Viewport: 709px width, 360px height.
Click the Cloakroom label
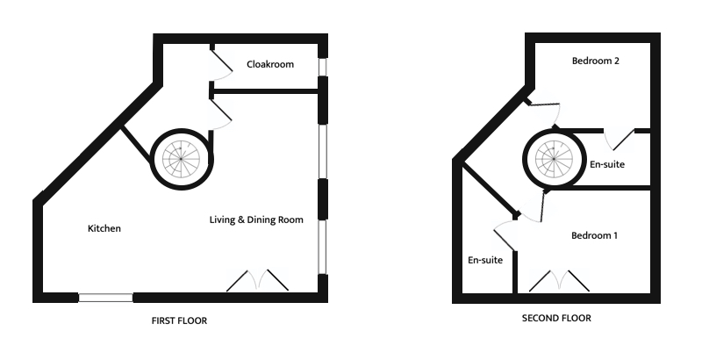tap(269, 64)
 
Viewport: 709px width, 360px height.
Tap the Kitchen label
tap(104, 228)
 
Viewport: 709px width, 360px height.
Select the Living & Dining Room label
tap(256, 220)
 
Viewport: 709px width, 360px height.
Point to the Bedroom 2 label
tap(596, 61)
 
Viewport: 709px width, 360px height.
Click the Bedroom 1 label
tap(594, 235)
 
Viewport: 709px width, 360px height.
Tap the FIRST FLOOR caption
tap(179, 321)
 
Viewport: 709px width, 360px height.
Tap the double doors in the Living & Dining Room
tap(258, 280)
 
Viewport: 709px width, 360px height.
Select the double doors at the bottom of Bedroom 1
tap(559, 279)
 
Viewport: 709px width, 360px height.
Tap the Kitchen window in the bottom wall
tap(105, 298)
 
